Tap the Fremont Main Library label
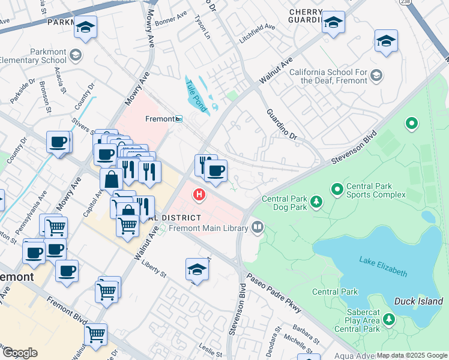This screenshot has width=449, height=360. pos(208,228)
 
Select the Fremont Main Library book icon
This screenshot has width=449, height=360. pos(258,227)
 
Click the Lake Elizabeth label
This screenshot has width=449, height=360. pos(383,267)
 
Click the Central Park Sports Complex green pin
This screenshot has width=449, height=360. pos(337,190)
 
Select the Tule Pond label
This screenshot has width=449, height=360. pos(196,96)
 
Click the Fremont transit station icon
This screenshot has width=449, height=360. pos(179,119)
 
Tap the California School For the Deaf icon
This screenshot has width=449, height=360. pos(376,75)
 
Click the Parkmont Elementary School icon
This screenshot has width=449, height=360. pos(76,56)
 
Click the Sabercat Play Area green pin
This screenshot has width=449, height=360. pos(389,319)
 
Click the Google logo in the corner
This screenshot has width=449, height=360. pos(20,353)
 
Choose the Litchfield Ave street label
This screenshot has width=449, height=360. pos(258,27)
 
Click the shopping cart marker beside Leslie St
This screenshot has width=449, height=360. pos(95,334)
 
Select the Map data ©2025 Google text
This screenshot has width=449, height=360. pos(412,355)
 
